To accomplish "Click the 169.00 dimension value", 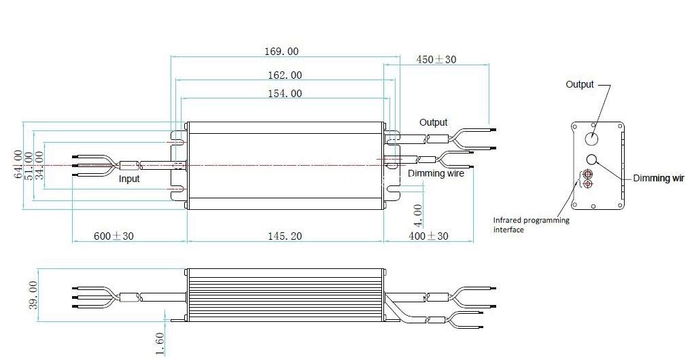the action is pos(281,52).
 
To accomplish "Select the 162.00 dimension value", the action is pos(285,75).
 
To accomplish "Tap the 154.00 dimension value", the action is pos(285,93).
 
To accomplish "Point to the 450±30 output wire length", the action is pos(436,59).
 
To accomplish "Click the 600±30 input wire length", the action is pos(114,236).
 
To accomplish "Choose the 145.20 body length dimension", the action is pos(285,236).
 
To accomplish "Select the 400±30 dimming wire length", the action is pos(428,236).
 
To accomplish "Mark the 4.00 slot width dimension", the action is pos(417,215).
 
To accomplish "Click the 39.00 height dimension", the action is pos(33,295).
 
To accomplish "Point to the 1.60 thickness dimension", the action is pos(160,344).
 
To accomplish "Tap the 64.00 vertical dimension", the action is pos(18,164).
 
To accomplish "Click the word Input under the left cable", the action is pos(128,179).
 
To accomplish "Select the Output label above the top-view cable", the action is pos(433,122).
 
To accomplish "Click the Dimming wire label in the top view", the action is pos(436,173).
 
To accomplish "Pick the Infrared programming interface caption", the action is pos(531,225).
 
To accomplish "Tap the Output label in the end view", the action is pos(579,84).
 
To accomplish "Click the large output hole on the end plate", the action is pos(591,139).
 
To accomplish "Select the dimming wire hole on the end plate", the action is pos(592,160).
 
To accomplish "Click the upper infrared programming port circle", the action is pos(588,173).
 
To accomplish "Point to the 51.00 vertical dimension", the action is pos(29,165).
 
